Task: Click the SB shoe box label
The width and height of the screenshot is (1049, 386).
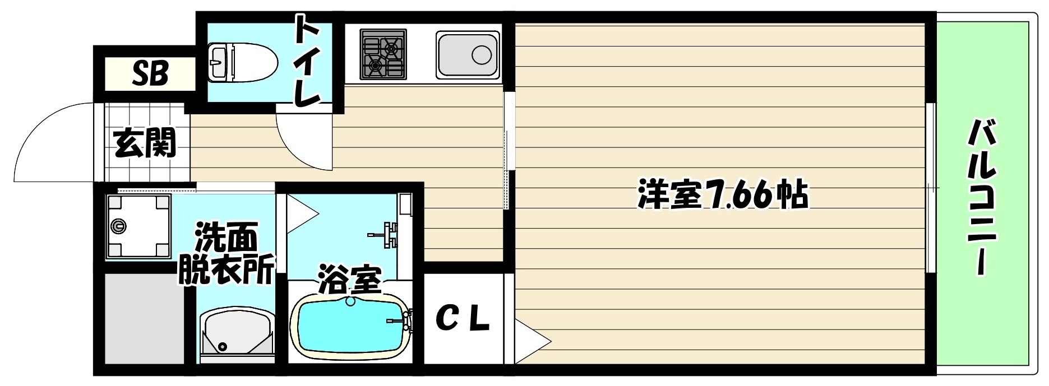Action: click(150, 73)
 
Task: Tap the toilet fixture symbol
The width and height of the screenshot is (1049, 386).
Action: click(242, 62)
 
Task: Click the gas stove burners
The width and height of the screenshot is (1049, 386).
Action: click(383, 54)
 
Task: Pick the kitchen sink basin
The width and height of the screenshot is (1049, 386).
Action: click(468, 54)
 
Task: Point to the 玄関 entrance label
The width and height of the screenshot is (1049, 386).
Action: click(145, 143)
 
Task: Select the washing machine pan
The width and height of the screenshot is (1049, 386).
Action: click(138, 226)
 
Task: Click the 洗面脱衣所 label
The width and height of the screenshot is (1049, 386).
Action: click(227, 254)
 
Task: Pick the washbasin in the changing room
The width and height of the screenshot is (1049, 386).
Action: click(237, 333)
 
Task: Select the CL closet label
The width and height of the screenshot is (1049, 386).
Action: click(463, 319)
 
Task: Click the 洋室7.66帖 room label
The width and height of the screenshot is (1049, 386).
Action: click(723, 194)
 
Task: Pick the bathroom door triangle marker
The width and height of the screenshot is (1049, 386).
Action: click(301, 213)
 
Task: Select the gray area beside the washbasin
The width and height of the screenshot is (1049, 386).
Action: click(145, 318)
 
